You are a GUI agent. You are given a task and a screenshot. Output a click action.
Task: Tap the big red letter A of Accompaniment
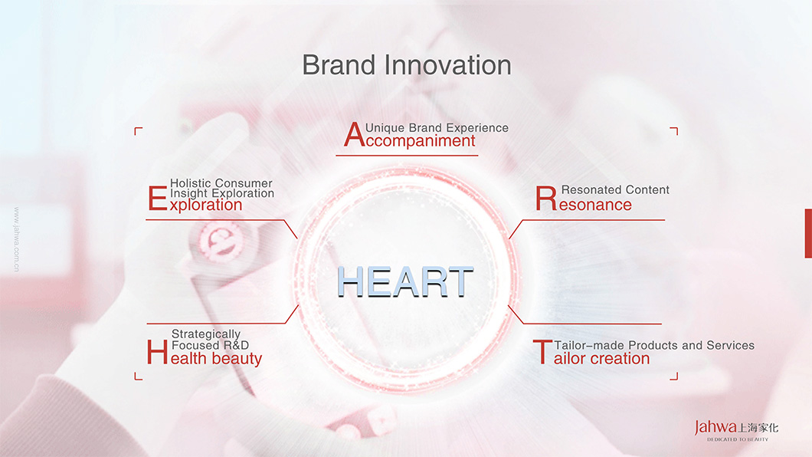coord(355,135)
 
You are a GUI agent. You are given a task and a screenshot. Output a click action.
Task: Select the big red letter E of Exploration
coord(158,199)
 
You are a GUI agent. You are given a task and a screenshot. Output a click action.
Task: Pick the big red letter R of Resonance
coord(546,199)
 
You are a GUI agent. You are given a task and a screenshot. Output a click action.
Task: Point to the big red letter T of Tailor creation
coord(542,353)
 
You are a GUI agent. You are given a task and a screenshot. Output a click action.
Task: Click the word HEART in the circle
coord(405,282)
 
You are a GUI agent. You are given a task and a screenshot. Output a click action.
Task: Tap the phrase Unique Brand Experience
coord(437,128)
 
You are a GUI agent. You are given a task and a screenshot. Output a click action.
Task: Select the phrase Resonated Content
coord(615,189)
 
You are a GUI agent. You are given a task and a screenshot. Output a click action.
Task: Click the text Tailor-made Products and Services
coord(654,345)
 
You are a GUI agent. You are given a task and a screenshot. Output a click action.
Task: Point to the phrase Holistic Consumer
coord(221,183)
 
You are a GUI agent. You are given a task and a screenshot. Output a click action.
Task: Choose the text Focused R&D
coord(210,345)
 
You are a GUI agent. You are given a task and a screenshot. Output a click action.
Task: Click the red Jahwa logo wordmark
coord(715,427)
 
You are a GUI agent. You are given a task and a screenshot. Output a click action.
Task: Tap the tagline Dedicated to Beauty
coord(738,439)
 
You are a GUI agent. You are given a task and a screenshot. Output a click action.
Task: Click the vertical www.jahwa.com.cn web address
coord(17,239)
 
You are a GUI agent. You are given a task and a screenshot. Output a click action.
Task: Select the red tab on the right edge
coord(808,233)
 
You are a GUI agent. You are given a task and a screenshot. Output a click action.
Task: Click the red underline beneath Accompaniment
coord(407,156)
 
